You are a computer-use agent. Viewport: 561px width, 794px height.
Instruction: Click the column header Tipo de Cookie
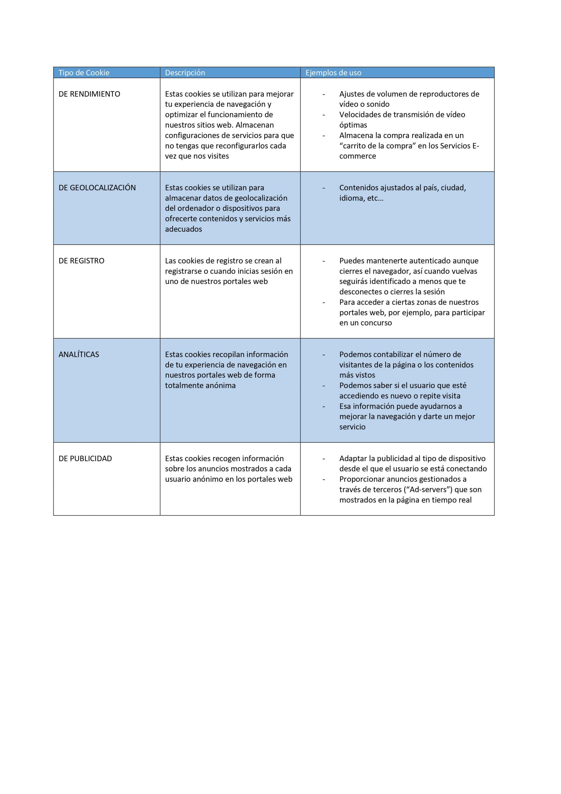coord(84,73)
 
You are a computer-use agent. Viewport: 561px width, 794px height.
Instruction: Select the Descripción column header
coord(185,73)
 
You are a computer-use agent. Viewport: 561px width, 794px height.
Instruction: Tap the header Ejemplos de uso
coord(333,73)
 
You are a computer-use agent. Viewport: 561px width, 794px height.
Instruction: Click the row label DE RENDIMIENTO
coord(89,94)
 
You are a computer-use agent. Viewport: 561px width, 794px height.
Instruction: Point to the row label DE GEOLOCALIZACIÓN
coord(97,188)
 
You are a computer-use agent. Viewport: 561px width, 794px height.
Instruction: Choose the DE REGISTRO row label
coord(81,261)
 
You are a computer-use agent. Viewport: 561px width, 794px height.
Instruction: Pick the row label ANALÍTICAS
coord(79,355)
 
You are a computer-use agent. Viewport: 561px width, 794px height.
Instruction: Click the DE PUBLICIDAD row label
coord(85,458)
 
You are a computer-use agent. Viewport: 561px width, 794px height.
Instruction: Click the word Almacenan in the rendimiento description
coord(255,125)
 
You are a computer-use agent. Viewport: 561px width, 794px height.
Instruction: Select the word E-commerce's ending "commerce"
coord(357,156)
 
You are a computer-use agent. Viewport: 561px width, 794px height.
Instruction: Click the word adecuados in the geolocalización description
coord(183,229)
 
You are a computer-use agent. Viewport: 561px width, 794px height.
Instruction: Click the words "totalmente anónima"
coord(200,386)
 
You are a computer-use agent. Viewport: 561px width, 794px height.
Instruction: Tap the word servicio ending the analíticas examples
coord(352,427)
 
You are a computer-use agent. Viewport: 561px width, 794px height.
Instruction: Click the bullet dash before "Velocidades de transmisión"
coord(324,115)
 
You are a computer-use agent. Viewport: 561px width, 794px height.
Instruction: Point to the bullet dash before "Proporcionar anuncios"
coord(324,479)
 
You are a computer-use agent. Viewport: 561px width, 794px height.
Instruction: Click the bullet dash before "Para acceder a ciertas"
coord(324,302)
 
